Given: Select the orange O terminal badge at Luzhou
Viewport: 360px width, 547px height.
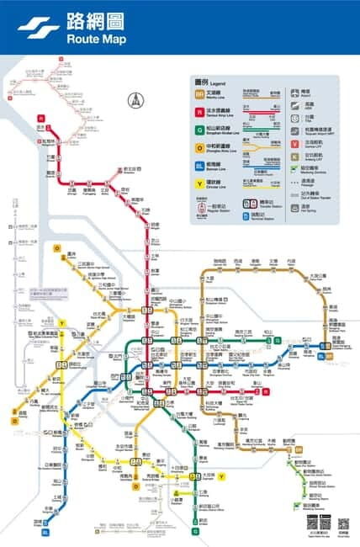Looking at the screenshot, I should [x=57, y=248].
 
